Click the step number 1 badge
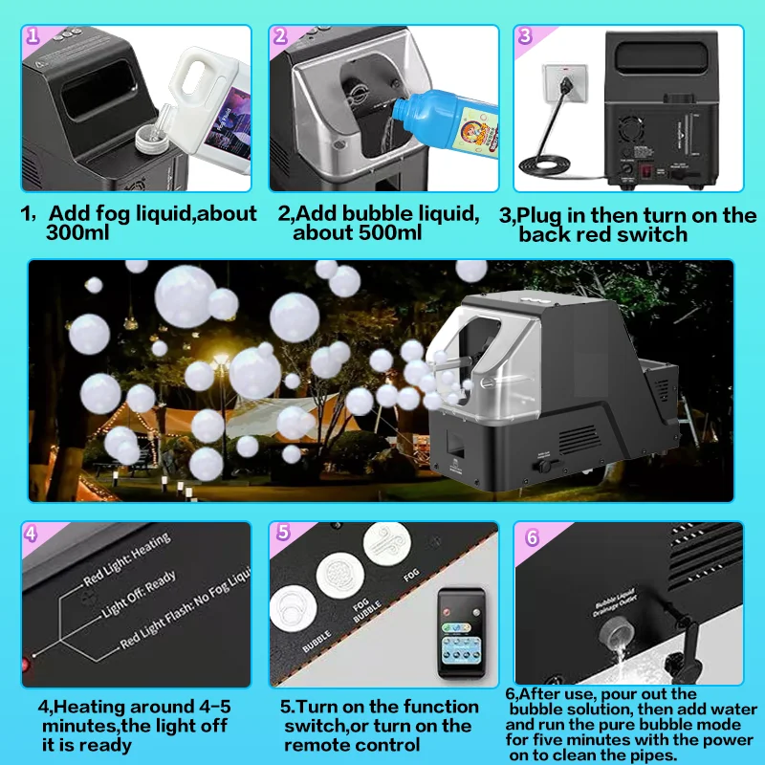pyautogui.click(x=33, y=37)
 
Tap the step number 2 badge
pyautogui.click(x=280, y=37)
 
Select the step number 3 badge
pyautogui.click(x=525, y=37)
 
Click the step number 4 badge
pyautogui.click(x=33, y=534)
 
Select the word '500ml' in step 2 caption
pyautogui.click(x=329, y=232)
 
